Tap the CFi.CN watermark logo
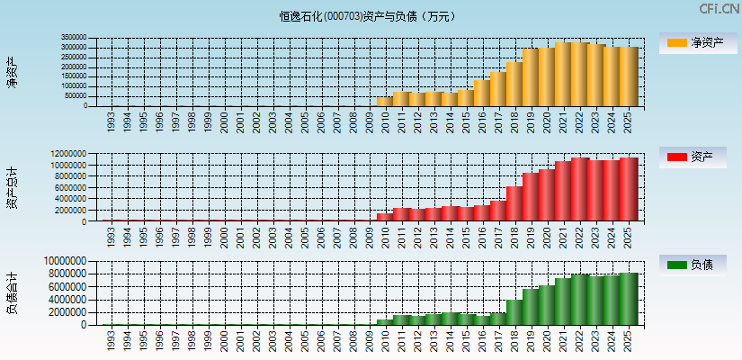[720, 9]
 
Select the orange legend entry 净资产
[697, 43]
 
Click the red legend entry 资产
[697, 157]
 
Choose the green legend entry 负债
[697, 265]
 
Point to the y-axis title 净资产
[12, 72]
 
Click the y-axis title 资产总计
[12, 187]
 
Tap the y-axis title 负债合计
[12, 292]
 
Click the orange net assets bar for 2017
[498, 89]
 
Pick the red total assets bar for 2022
[579, 190]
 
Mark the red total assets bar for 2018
[514, 203]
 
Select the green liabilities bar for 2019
[531, 307]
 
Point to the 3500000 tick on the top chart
[75, 39]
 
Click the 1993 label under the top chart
[110, 121]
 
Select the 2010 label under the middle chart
[386, 237]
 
